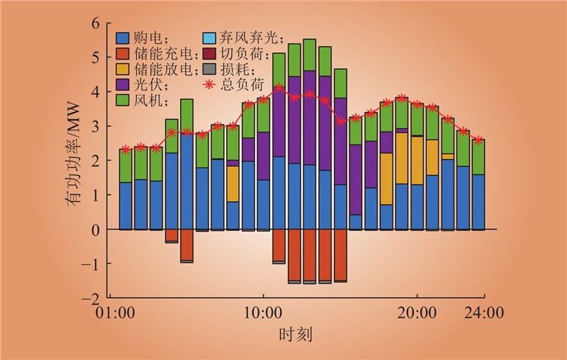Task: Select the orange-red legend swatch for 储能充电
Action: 123,54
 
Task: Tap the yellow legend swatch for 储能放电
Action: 123,69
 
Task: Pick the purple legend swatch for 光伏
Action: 123,85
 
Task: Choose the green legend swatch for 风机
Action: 123,101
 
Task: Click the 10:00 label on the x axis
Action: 263,313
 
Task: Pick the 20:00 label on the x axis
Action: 417,313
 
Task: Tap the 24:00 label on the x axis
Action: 485,313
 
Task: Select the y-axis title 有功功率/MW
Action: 74,160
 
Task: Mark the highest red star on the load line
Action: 279,88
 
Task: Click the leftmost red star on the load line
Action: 125,150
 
